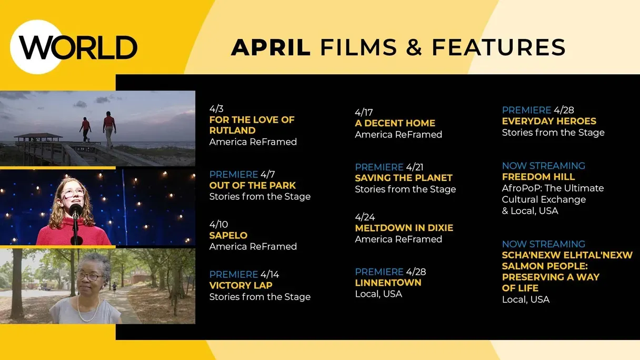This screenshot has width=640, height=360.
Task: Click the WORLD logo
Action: tap(74, 47)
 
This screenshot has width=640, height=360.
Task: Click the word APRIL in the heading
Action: tap(271, 47)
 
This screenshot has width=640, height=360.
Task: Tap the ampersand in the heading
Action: tap(414, 47)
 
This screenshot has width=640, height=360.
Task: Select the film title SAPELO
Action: tap(228, 235)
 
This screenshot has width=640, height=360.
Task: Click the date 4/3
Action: tap(216, 108)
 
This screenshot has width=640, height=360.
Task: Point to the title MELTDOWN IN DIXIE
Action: tap(404, 228)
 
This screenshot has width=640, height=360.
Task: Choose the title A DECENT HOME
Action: tap(395, 123)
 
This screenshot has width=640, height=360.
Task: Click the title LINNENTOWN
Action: tap(388, 283)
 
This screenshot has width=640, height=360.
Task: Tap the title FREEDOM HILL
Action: tap(538, 177)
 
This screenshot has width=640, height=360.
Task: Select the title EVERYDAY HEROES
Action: tap(549, 121)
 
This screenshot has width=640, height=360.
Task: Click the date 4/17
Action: tap(364, 112)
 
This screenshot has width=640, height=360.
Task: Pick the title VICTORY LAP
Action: tap(241, 285)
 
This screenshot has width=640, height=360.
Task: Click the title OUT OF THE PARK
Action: tap(252, 185)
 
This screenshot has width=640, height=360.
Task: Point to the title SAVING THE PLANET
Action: tap(404, 178)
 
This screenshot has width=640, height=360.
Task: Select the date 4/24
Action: tap(365, 217)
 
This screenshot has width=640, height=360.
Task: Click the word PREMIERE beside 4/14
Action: tap(234, 275)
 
